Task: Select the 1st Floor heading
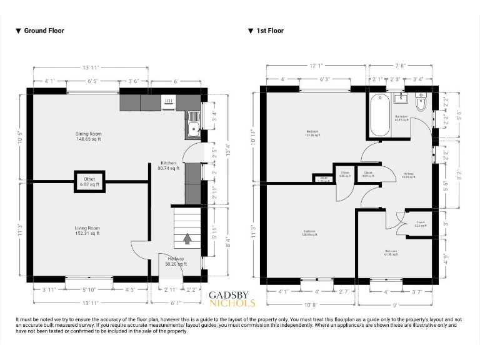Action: click(269, 31)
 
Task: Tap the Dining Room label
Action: click(88, 137)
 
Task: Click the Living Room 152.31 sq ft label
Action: click(87, 231)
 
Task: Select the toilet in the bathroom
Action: click(420, 102)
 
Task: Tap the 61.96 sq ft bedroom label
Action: click(391, 252)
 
